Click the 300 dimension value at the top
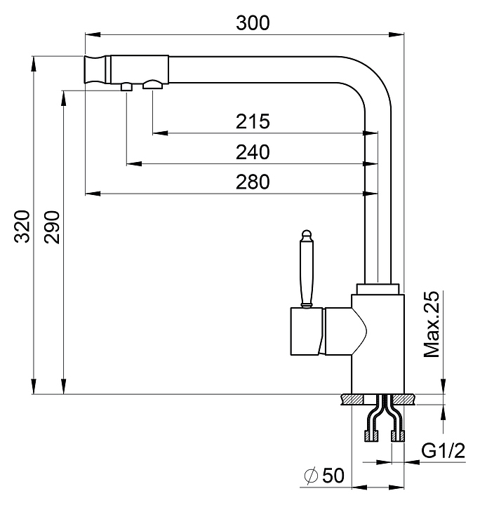(x=253, y=22)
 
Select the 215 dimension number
(x=253, y=122)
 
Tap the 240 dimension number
(x=253, y=152)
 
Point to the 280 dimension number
(x=253, y=182)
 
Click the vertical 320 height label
(x=22, y=225)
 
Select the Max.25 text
(x=432, y=324)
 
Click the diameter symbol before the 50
(x=311, y=477)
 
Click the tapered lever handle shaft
(x=305, y=270)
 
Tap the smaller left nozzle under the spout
(x=126, y=86)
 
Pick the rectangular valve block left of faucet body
(x=303, y=332)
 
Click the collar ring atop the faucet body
(x=378, y=288)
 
